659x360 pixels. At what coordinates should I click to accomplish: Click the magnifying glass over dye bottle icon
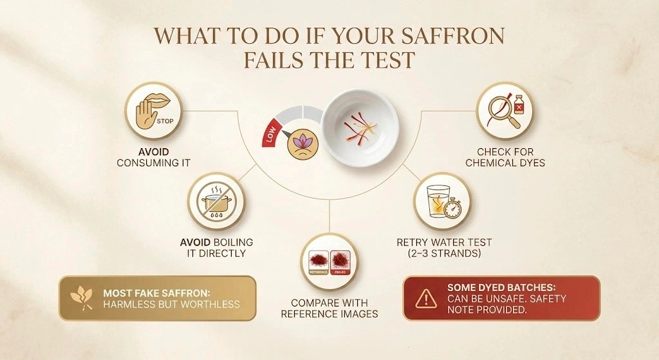(504, 110)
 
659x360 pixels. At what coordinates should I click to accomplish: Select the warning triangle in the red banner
(425, 298)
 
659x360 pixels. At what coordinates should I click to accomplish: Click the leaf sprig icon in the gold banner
(82, 298)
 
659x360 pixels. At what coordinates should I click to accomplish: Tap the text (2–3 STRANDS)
(444, 254)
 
